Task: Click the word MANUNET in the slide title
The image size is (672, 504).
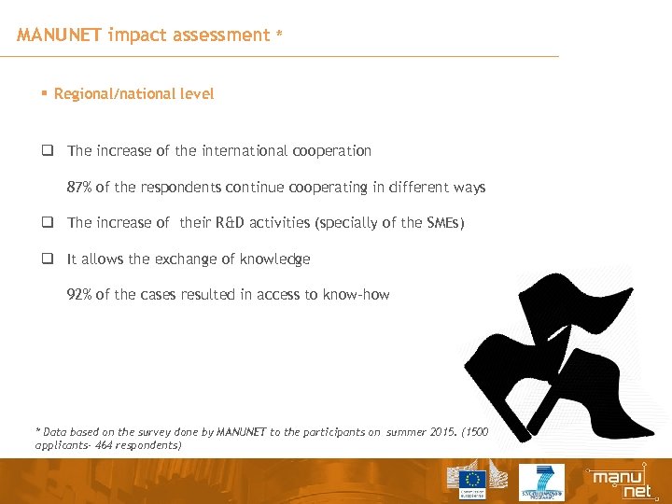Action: click(x=60, y=35)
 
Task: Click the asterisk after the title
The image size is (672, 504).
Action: click(x=278, y=36)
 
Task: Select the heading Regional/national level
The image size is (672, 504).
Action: click(x=133, y=93)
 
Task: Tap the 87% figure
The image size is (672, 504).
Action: click(x=78, y=188)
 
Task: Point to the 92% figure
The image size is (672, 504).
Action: click(x=78, y=295)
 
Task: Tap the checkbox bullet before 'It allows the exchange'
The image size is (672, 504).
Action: click(x=45, y=259)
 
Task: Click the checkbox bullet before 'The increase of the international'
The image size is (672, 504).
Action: click(x=45, y=151)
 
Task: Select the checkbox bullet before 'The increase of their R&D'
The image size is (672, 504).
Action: click(x=45, y=223)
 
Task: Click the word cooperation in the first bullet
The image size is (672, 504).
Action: click(x=330, y=151)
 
